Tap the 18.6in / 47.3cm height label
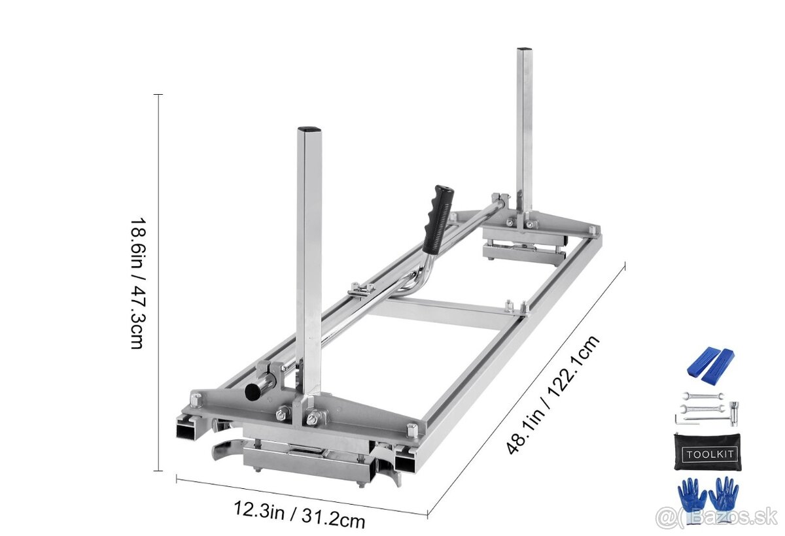pos(136,283)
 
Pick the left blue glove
pos(691,494)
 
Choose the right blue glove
pos(724,493)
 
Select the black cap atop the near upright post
pos(309,129)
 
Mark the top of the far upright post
pos(523,50)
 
